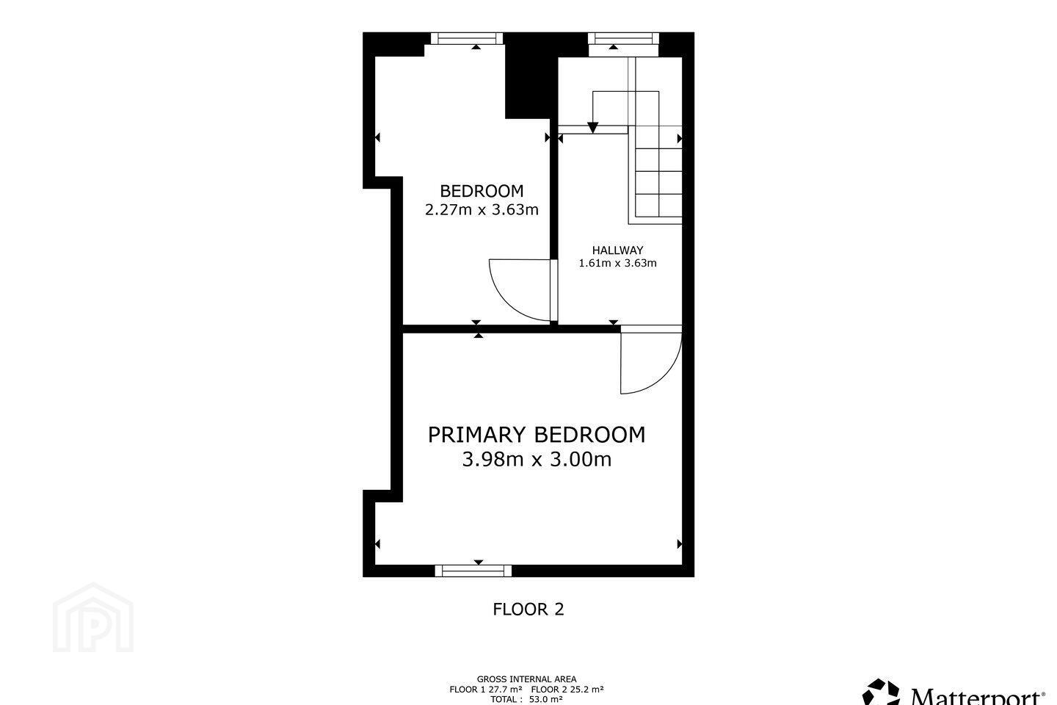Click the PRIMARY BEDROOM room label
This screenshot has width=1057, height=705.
click(537, 435)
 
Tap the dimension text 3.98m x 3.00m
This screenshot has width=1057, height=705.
click(537, 459)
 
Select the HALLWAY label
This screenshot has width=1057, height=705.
click(618, 250)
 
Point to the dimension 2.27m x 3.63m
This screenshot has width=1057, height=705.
click(482, 209)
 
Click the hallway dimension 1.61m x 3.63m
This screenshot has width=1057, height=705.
click(618, 263)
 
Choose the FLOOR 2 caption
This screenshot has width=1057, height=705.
click(528, 609)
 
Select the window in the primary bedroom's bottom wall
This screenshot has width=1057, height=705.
click(473, 571)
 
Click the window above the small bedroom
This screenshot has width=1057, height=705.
click(467, 38)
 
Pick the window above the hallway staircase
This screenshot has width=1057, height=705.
click(623, 38)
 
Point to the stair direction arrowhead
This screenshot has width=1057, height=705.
click(592, 128)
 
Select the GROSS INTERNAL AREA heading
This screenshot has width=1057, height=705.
click(526, 679)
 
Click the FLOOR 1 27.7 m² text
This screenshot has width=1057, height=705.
click(486, 690)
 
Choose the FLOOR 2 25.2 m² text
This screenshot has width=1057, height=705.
click(567, 690)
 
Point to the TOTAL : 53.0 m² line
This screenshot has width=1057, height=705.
click(526, 699)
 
